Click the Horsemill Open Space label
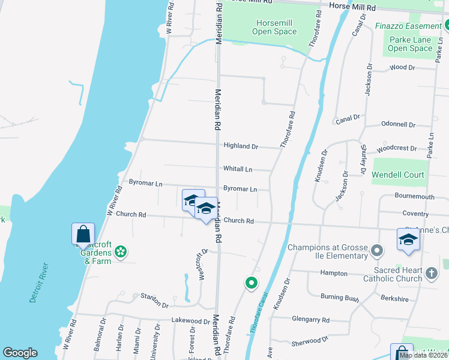274,27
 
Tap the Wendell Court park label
398,175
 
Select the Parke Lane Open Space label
410,44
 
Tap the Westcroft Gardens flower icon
120,251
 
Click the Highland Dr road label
240,146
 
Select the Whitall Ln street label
238,169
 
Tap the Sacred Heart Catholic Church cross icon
431,274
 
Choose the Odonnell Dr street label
398,125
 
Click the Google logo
20,353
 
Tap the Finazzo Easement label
408,26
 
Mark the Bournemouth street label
414,196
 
